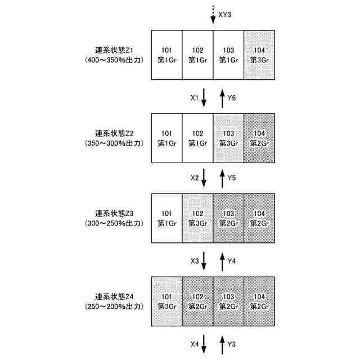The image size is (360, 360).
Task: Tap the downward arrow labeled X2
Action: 204,179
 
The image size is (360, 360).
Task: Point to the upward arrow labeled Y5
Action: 223,179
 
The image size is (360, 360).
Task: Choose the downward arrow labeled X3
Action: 204,261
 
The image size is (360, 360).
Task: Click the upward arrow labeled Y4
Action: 223,261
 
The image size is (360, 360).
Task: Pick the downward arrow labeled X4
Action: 204,343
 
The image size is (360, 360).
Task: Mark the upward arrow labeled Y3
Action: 223,343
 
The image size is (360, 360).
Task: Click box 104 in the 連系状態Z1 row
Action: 259,55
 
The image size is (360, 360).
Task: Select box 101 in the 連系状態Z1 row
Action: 166,55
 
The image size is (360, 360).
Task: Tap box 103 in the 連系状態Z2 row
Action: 228,138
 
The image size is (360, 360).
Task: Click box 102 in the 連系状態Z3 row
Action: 197,218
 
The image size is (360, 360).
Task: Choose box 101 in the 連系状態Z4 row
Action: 166,301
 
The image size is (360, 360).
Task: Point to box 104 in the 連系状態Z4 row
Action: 259,301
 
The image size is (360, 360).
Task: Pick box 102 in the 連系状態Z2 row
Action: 197,138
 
